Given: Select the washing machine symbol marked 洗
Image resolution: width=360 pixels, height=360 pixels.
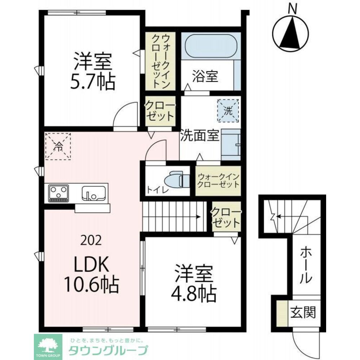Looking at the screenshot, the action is [228, 111].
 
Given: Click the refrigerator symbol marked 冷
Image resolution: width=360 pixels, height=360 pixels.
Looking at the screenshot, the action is [58, 146].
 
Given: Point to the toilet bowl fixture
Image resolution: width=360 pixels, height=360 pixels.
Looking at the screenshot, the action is [178, 179].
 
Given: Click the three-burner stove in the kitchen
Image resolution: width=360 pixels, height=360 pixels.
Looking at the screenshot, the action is [58, 193].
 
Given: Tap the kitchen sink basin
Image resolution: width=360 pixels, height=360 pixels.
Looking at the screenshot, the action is [94, 193].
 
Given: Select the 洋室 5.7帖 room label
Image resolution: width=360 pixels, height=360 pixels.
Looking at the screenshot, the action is [93, 71].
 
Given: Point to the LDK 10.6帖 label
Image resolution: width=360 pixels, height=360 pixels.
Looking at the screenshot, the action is [91, 274].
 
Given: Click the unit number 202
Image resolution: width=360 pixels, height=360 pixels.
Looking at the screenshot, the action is [91, 240].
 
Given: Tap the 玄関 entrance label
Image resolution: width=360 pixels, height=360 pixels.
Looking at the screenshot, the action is [303, 312].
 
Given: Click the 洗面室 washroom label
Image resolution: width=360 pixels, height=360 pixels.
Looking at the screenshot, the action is [200, 136].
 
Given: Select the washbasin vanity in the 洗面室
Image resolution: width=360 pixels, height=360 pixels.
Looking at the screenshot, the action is [231, 145].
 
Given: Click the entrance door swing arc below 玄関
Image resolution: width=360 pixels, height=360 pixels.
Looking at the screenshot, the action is [301, 345].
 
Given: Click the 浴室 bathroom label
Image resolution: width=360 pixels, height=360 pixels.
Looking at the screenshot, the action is [205, 76].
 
